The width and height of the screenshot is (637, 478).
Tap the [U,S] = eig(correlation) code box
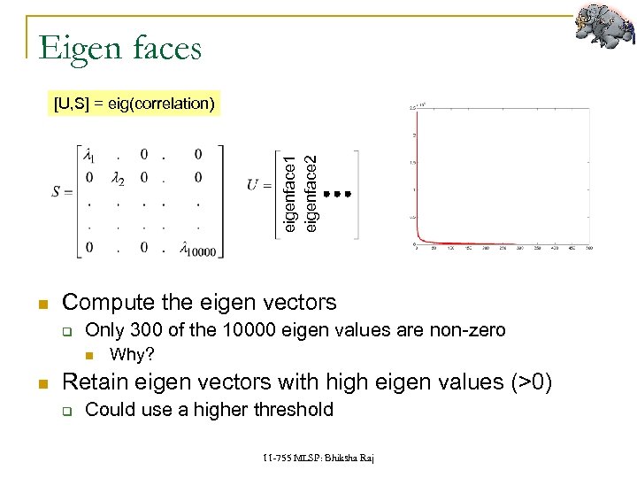coord(134,104)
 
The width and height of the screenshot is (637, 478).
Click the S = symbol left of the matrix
coord(62,192)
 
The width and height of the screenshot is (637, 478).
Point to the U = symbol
coord(258,186)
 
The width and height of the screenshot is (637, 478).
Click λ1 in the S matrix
coord(89,156)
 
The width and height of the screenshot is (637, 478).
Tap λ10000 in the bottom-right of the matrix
coord(196,249)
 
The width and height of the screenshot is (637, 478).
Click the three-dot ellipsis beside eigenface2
coord(337,193)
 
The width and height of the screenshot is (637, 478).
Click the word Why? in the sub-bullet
coord(132,355)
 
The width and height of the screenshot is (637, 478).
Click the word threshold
coord(293,410)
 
